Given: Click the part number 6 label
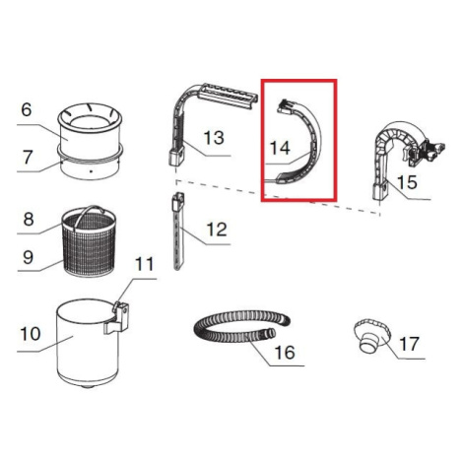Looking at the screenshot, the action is [27, 109].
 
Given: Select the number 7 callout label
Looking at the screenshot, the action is [28, 158].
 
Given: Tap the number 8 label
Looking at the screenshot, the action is [29, 219].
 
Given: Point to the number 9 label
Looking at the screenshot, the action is [28, 257].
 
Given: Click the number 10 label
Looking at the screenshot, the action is [31, 334].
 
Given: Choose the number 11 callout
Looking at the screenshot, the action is [145, 264].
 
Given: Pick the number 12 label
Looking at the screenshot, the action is [217, 230].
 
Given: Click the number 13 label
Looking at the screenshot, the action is [214, 138].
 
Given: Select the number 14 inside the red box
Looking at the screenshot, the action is [280, 148].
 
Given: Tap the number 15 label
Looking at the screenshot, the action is [407, 182].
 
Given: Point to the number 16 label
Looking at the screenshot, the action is [285, 353].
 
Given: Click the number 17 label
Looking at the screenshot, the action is [410, 344].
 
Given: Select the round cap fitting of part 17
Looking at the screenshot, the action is [371, 335].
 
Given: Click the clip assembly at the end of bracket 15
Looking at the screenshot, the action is [426, 151].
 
